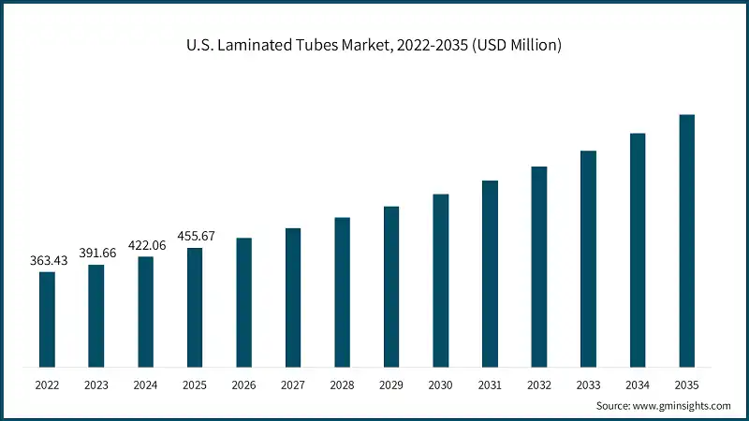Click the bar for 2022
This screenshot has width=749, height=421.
[x=47, y=319]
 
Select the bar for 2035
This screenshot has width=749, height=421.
[x=686, y=240]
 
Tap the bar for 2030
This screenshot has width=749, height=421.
[x=440, y=281]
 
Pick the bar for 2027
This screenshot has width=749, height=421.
[x=293, y=298]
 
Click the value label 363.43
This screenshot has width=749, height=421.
[x=47, y=260]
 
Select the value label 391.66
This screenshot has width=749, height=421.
[x=96, y=253]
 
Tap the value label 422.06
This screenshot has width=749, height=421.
[x=145, y=245]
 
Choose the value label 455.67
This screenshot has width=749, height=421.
[x=195, y=236]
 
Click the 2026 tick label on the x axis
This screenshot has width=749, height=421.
[x=243, y=385]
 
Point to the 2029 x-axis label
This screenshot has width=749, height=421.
[x=391, y=385]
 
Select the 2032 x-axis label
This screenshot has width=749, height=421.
[x=538, y=385]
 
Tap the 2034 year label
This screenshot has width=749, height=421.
[x=638, y=385]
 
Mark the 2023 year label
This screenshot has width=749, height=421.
[x=96, y=385]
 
